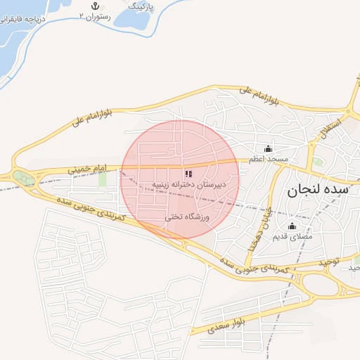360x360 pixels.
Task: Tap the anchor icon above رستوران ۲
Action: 88,6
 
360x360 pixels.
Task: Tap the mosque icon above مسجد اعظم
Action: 268,149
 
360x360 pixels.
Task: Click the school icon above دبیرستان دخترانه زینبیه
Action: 187,173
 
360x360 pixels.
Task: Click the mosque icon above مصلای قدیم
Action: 292,226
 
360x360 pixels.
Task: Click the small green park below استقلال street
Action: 319,162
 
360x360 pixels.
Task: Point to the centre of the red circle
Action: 180,179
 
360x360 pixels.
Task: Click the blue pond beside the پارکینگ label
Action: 134,12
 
